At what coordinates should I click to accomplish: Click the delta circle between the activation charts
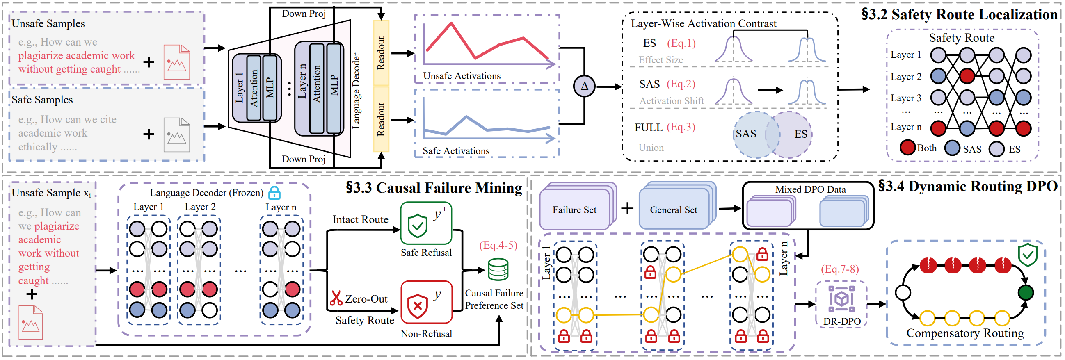pyautogui.click(x=584, y=87)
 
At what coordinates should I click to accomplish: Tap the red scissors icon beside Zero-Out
pyautogui.click(x=336, y=298)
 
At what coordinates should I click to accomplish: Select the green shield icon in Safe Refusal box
pyautogui.click(x=417, y=226)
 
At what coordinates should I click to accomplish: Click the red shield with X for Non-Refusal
pyautogui.click(x=417, y=306)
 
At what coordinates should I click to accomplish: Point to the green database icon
pyautogui.click(x=498, y=269)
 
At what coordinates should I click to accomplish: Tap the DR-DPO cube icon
pyautogui.click(x=841, y=299)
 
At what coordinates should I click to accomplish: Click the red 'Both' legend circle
pyautogui.click(x=907, y=148)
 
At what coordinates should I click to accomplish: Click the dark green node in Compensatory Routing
pyautogui.click(x=1026, y=292)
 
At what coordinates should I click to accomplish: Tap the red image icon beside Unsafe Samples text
pyautogui.click(x=176, y=62)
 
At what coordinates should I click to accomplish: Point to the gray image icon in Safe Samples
pyautogui.click(x=176, y=135)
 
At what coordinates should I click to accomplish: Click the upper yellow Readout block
pyautogui.click(x=381, y=53)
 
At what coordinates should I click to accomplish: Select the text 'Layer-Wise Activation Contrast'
pyautogui.click(x=703, y=23)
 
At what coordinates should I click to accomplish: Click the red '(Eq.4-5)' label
pyautogui.click(x=498, y=246)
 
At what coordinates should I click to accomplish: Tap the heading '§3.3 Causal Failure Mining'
pyautogui.click(x=434, y=188)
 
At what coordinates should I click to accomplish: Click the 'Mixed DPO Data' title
pyautogui.click(x=810, y=189)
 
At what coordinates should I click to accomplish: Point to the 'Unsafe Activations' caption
pyautogui.click(x=462, y=76)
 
